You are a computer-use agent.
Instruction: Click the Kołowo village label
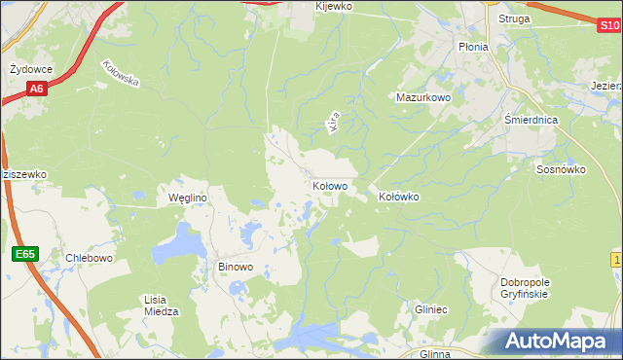point(330,185)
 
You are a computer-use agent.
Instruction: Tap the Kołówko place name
point(398,197)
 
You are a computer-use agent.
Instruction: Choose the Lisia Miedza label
point(161,306)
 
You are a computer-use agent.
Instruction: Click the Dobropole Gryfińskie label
point(525,287)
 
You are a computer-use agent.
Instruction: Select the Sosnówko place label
point(561,168)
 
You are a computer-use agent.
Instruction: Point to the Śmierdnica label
point(531,120)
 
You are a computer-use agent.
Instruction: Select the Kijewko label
point(334,6)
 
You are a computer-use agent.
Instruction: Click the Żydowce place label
point(30,70)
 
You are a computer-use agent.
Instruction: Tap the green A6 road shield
point(36,90)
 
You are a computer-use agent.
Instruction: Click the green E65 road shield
point(25,254)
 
